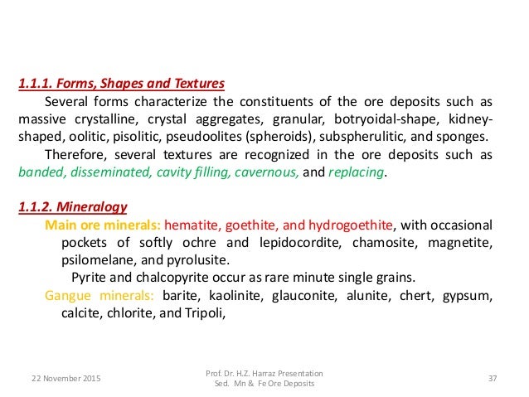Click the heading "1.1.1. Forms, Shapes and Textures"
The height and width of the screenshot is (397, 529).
121,85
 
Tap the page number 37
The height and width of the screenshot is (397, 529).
493,379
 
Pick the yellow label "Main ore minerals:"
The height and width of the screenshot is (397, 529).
103,225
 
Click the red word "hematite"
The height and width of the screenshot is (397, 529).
192,225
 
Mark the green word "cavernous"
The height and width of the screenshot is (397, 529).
267,172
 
